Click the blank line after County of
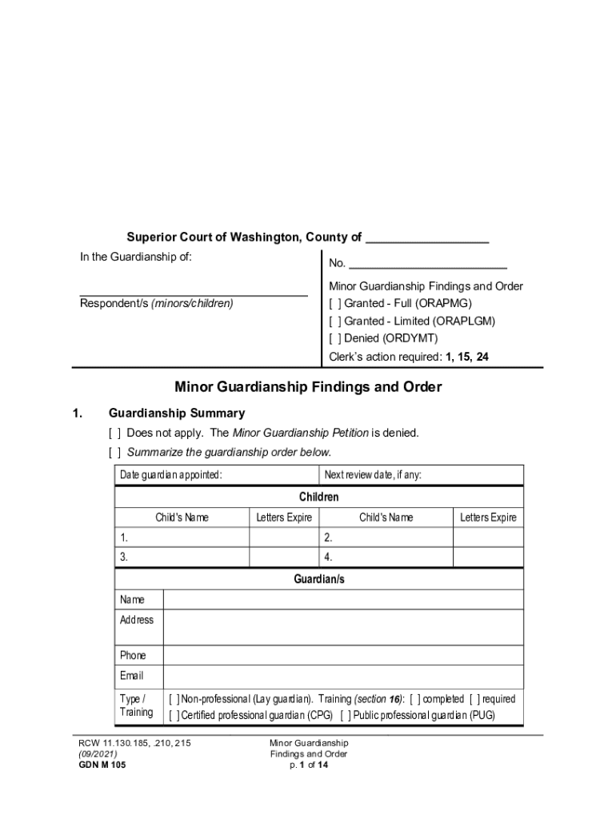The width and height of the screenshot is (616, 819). tap(426, 238)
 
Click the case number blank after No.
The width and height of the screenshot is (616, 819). tap(428, 264)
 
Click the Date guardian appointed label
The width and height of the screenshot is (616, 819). tap(171, 476)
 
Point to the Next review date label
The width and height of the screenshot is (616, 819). tap(373, 476)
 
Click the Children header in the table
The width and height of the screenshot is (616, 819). tap(319, 497)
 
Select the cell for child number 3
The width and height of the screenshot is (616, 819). tap(182, 557)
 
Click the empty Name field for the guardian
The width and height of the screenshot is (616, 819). tap(343, 600)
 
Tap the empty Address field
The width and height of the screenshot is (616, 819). tap(343, 628)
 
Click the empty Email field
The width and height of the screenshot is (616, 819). tap(343, 677)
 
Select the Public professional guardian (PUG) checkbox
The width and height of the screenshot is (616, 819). tap(345, 715)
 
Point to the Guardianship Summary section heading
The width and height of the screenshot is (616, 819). tap(177, 413)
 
